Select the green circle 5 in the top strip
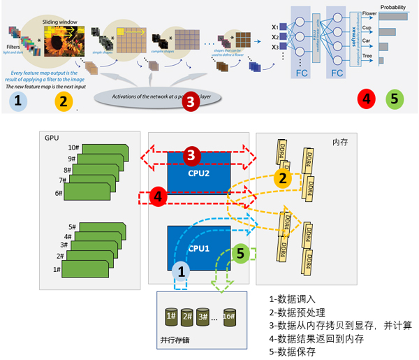(395, 99)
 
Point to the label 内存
(341, 142)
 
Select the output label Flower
(369, 12)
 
